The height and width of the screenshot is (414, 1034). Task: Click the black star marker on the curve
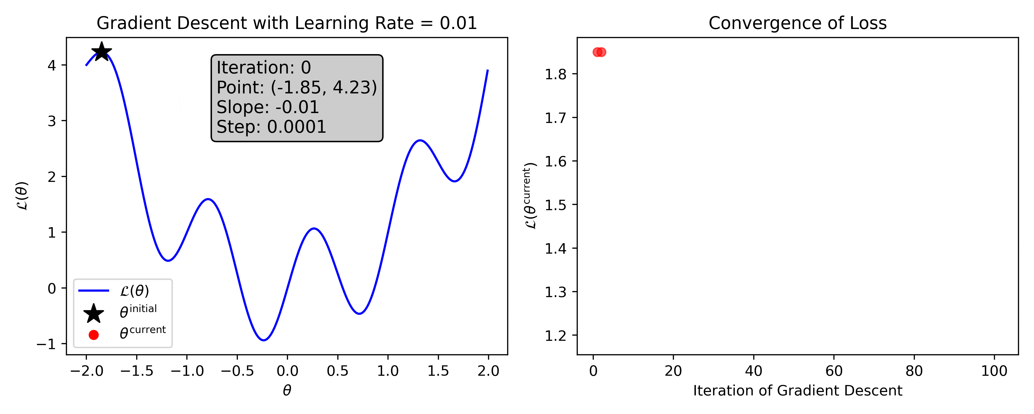click(x=102, y=51)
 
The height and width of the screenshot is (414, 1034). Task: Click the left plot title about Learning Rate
click(x=287, y=23)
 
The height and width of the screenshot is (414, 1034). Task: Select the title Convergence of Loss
click(x=797, y=23)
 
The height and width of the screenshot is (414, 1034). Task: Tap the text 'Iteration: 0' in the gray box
click(x=264, y=68)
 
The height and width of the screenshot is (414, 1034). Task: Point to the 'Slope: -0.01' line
click(x=268, y=107)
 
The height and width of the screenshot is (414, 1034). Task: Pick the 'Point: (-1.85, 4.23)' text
click(x=297, y=87)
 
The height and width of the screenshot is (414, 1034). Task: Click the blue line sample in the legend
click(x=94, y=291)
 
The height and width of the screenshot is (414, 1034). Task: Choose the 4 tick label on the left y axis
click(x=52, y=65)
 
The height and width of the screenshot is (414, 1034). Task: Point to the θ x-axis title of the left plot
click(x=287, y=390)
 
